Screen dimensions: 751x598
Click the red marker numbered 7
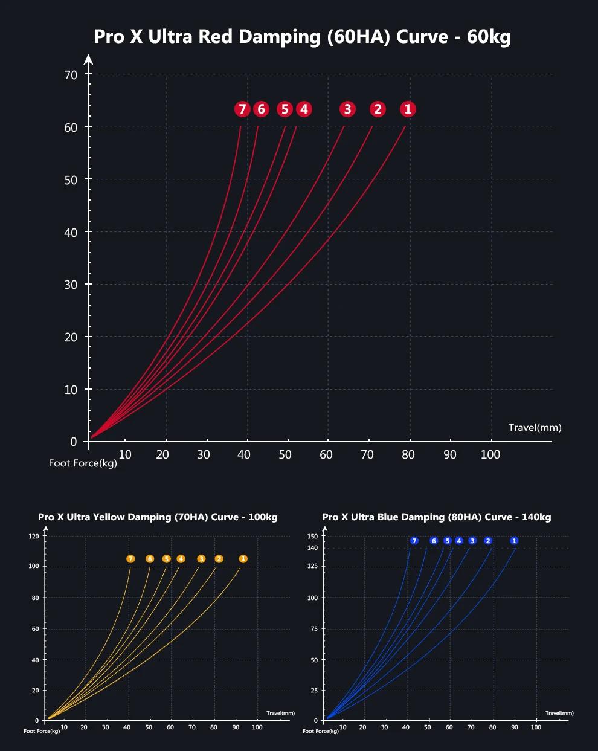[x=242, y=109]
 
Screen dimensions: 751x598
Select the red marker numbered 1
[x=408, y=109]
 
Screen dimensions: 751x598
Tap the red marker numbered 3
[x=347, y=109]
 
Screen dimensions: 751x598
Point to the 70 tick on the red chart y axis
[x=71, y=74]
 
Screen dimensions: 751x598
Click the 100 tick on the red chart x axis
[x=490, y=454]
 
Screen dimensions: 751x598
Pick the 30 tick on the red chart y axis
[x=71, y=285]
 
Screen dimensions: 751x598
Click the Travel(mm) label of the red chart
[x=535, y=427]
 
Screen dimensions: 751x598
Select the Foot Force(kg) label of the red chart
[x=83, y=463]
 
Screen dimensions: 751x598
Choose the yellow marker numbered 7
[x=130, y=559]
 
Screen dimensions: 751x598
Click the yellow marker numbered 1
[x=243, y=559]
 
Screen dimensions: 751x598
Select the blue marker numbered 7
[x=414, y=541]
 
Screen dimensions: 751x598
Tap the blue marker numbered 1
[x=514, y=541]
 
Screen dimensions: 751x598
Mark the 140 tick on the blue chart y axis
[x=312, y=548]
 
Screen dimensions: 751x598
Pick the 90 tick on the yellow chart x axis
[x=236, y=727]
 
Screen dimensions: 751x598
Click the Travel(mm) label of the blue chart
[x=559, y=713]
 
